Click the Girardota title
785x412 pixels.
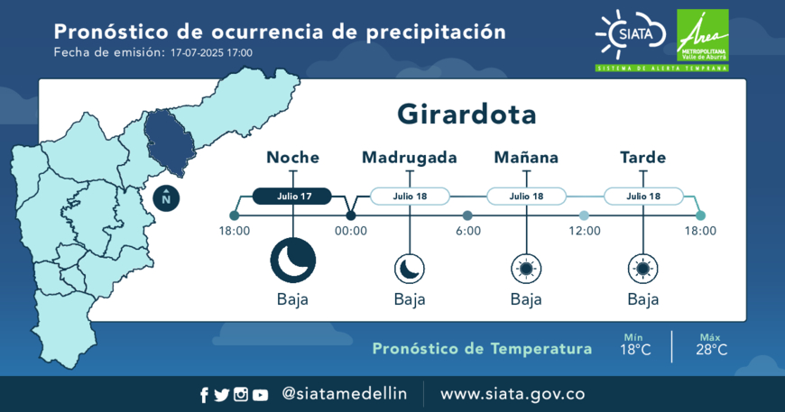pyautogui.click(x=466, y=114)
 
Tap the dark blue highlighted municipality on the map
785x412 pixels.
pyautogui.click(x=170, y=142)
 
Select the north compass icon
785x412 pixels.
pyautogui.click(x=166, y=198)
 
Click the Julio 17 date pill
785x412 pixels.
pyautogui.click(x=292, y=196)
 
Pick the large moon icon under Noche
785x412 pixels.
pyautogui.click(x=293, y=261)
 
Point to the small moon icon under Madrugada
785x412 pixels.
pyautogui.click(x=410, y=269)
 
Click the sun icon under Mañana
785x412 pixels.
pyautogui.click(x=526, y=269)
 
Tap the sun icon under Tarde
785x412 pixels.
pyautogui.click(x=643, y=269)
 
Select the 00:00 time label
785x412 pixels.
pyautogui.click(x=351, y=231)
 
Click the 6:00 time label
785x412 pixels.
pyautogui.click(x=468, y=231)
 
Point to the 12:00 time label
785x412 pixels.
pyautogui.click(x=585, y=231)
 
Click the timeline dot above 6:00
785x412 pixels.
pyautogui.click(x=467, y=215)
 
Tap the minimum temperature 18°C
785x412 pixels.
pyautogui.click(x=635, y=350)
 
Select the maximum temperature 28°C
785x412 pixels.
pyautogui.click(x=711, y=350)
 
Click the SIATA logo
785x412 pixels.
pyautogui.click(x=631, y=34)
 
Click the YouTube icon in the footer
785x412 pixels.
pyautogui.click(x=260, y=396)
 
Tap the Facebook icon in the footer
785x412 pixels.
pyautogui.click(x=204, y=395)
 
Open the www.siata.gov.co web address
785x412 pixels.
pyautogui.click(x=513, y=394)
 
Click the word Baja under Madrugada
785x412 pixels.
pyautogui.click(x=410, y=299)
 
